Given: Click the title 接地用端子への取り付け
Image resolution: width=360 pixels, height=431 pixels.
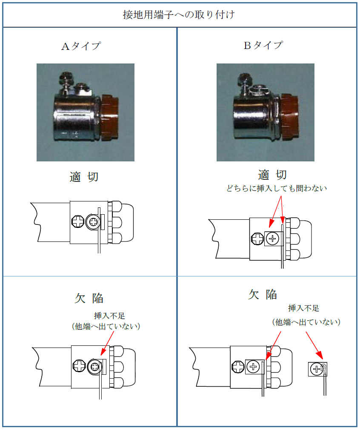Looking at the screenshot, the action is coord(179,14).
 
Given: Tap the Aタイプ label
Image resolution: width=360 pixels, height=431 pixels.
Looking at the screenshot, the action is coord(81,46).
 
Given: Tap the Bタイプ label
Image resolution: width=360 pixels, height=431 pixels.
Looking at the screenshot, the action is coord(263,45).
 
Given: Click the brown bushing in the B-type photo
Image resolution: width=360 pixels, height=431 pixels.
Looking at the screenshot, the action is coord(289,117).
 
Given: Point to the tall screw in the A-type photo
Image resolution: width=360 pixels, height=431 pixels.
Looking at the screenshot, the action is coord(66,83).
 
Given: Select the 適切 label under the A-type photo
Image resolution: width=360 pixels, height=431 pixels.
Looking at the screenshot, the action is coord(84,177).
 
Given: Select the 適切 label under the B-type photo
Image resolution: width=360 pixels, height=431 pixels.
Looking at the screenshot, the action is coord(272,175).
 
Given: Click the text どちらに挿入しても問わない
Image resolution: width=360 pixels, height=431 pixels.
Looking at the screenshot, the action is coord(276,188).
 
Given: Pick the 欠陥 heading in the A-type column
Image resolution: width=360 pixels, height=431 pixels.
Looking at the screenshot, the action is coord(89,298).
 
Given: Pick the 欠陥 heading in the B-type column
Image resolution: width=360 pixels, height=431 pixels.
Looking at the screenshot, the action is coord(263,294).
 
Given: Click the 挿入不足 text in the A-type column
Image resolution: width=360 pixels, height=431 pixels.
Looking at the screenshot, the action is coord(109,316).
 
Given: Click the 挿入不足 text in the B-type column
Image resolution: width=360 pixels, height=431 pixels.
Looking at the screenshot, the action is coord(303,308).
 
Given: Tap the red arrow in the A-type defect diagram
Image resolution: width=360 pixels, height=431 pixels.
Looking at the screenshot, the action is coord(107,343).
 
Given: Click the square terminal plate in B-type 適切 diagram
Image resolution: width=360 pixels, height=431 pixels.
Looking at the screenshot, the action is coord(274,238).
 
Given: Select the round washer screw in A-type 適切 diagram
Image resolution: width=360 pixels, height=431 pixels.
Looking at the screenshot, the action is coord(93,221).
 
